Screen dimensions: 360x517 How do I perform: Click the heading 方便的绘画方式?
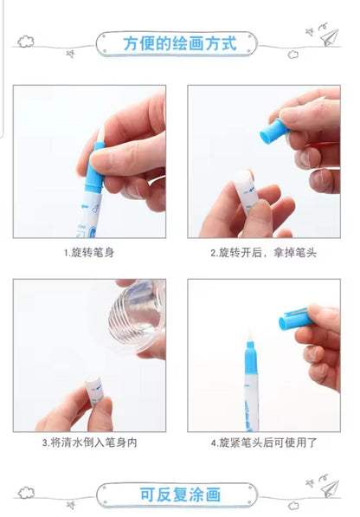coord(180,43)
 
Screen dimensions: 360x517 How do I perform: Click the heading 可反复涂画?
coord(180,494)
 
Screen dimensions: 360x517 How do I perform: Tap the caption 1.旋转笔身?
coord(89,253)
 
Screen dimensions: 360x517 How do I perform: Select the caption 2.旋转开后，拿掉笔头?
coord(263,253)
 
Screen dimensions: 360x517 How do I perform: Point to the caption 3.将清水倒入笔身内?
coord(89,443)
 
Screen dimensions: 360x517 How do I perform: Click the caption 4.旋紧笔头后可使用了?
coord(264,443)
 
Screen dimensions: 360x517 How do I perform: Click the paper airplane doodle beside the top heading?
coord(330,37)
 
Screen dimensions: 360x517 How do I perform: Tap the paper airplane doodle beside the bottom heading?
coord(330,488)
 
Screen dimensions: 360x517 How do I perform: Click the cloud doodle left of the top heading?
coord(26,42)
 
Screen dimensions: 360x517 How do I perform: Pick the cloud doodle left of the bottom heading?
coord(26,493)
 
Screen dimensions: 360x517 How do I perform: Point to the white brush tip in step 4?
coord(250,336)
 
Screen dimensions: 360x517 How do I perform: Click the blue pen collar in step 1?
coord(94,167)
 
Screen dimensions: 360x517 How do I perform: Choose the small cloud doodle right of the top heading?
coord(293,55)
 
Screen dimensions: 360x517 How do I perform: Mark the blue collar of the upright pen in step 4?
coord(251,359)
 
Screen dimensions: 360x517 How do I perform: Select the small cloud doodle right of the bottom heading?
coord(293,506)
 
